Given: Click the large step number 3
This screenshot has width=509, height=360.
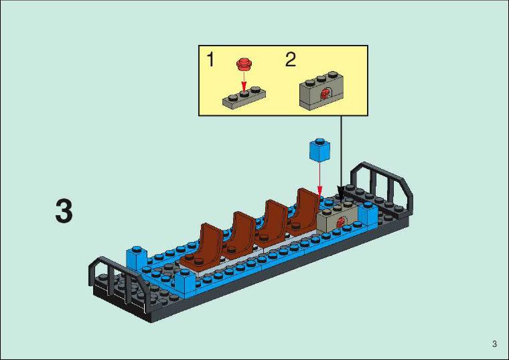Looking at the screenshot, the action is (x=64, y=212).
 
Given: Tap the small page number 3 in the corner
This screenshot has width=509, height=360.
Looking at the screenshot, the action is (x=494, y=344).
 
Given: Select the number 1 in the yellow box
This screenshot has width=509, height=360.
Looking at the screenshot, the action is (x=211, y=60).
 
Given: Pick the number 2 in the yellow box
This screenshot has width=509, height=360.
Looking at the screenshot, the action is (x=291, y=60).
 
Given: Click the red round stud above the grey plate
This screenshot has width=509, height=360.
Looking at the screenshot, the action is (x=244, y=64).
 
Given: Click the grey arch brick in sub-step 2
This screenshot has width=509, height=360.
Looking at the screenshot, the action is (x=321, y=91).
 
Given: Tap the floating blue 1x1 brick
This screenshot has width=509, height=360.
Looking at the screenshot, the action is (x=319, y=149).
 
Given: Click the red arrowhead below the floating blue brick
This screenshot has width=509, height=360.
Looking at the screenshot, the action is (x=320, y=190).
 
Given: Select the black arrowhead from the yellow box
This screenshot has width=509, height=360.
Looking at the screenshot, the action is (x=341, y=193).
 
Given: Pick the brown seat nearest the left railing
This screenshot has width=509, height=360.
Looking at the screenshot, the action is (x=202, y=249).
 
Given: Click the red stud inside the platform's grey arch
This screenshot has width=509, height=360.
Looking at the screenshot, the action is (x=341, y=223).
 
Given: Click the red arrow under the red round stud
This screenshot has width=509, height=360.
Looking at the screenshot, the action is (x=244, y=81).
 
